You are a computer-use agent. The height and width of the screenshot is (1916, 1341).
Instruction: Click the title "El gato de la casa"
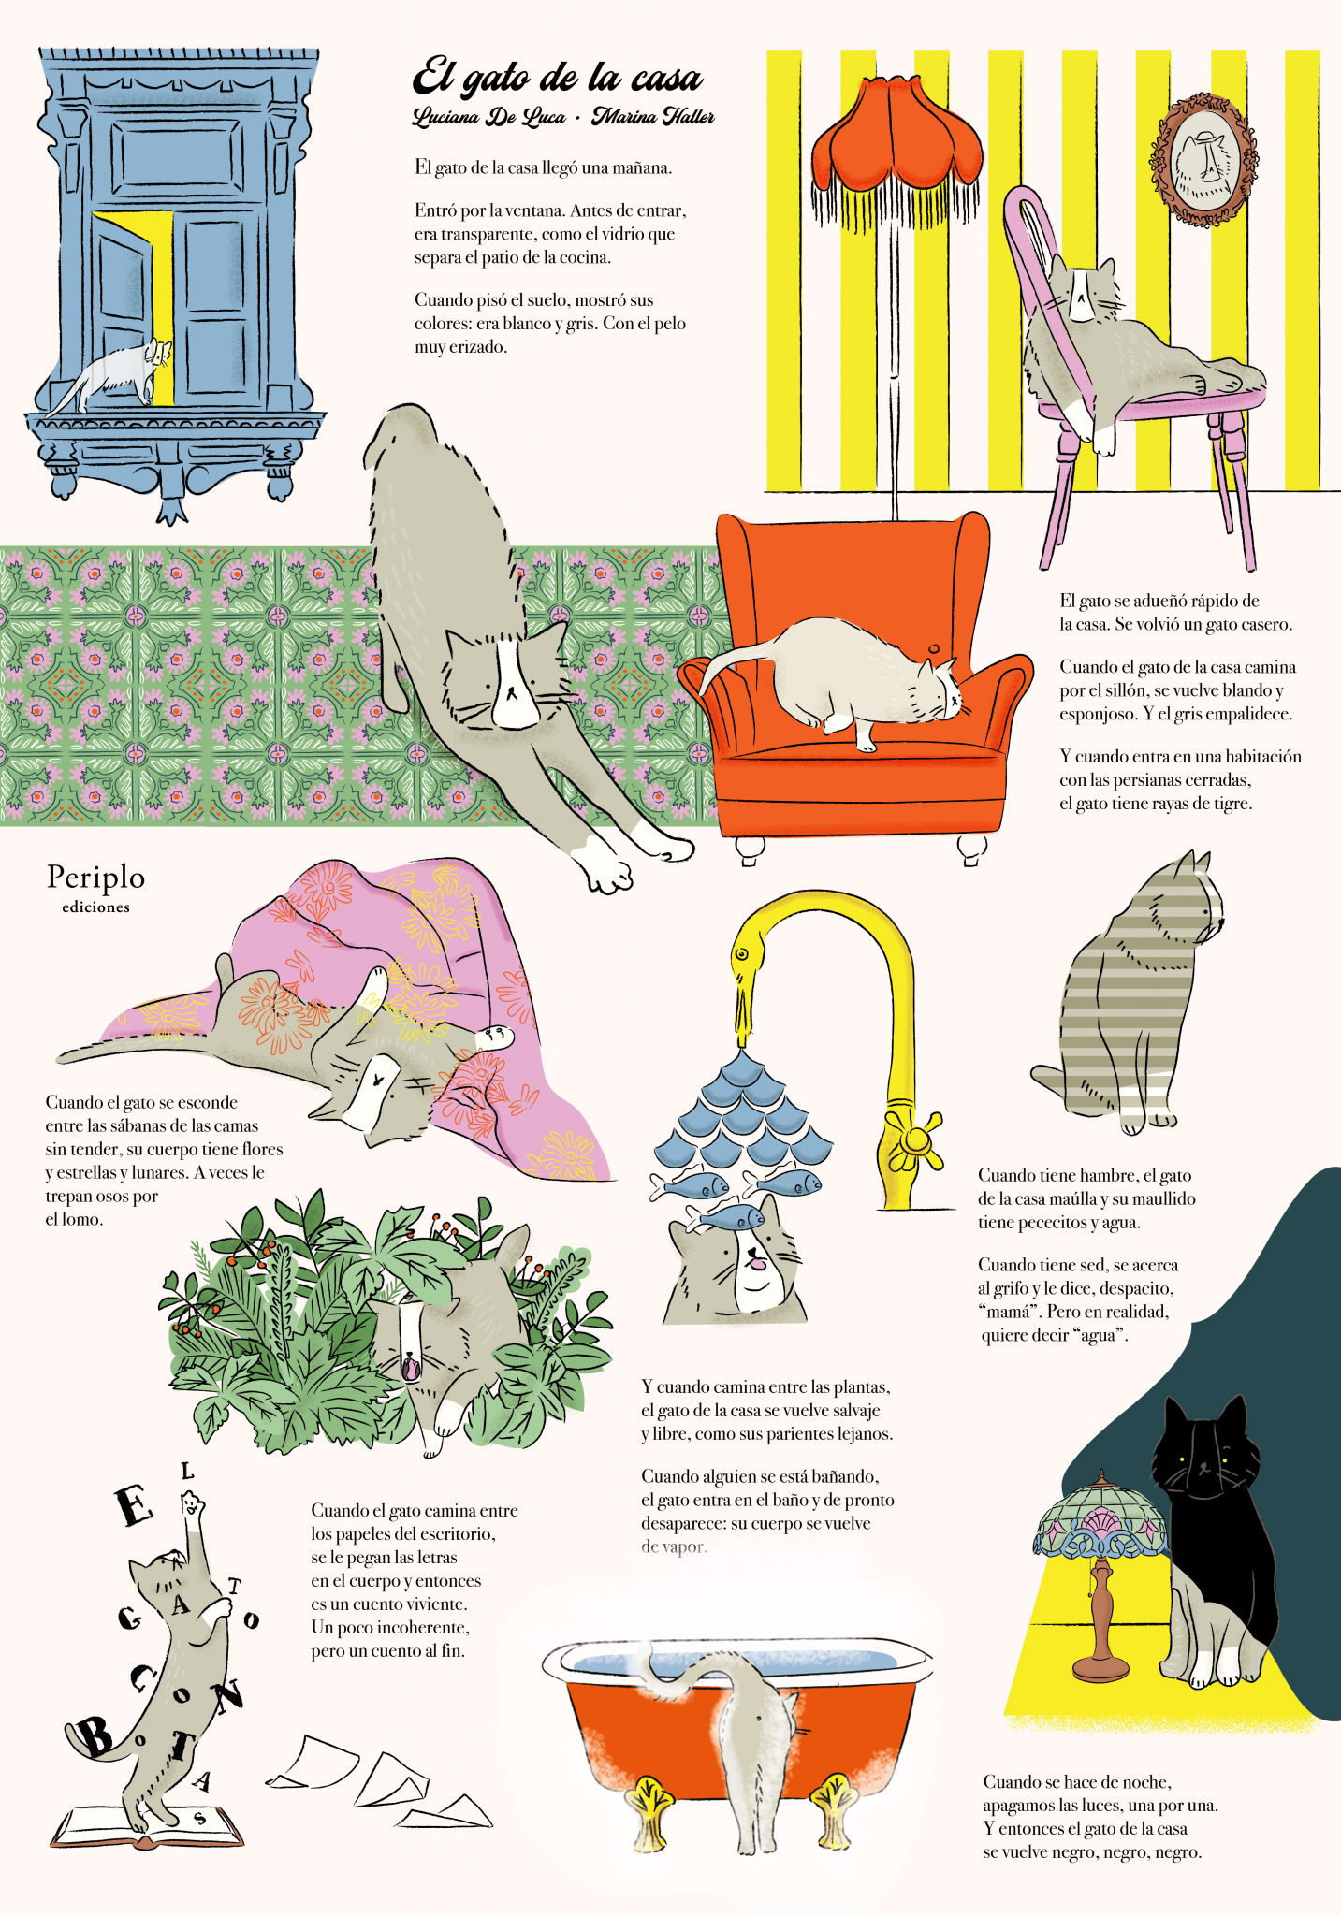tap(558, 78)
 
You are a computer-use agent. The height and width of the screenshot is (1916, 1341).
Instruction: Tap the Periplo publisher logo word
tap(96, 878)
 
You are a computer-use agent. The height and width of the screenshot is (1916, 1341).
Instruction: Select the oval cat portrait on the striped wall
tap(1203, 160)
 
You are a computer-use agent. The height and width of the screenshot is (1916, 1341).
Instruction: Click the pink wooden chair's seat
tap(1170, 398)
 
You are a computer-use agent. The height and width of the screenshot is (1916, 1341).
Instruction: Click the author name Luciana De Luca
tap(488, 118)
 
